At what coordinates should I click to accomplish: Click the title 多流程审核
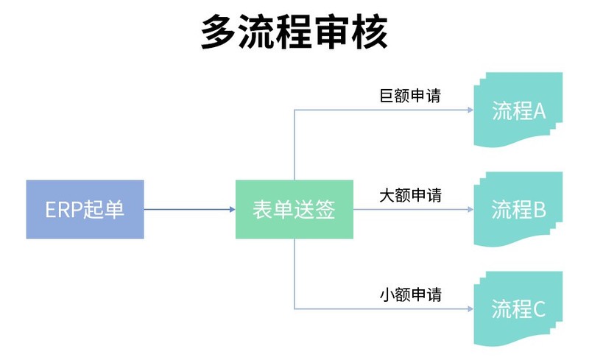tap(294, 33)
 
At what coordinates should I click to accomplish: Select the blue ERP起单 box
tap(85, 210)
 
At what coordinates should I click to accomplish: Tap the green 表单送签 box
tap(294, 210)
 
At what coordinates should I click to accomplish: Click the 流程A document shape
tap(518, 111)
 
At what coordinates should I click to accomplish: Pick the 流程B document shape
tap(518, 211)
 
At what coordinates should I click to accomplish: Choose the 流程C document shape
tap(518, 309)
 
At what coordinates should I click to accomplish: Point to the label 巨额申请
tap(410, 96)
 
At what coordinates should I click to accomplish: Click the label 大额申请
tap(410, 196)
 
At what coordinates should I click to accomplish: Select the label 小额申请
tap(410, 295)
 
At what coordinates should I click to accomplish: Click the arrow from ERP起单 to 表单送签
tap(189, 210)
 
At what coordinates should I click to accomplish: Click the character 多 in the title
tap(219, 33)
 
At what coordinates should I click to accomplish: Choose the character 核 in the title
tap(370, 33)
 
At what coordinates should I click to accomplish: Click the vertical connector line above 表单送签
tap(294, 147)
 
